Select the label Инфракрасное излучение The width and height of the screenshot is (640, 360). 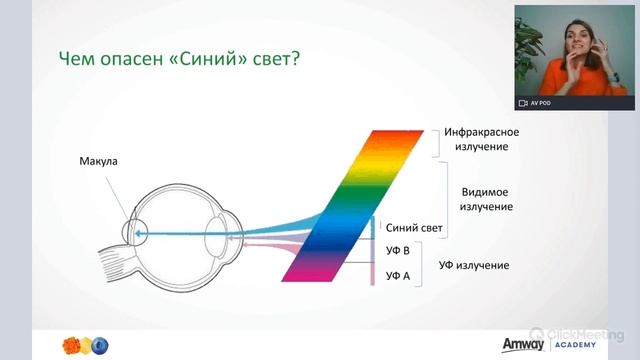point(477,139)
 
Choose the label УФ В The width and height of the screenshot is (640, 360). point(397,249)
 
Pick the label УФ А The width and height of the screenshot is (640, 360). point(397,274)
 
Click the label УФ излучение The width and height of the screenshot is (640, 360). point(474,265)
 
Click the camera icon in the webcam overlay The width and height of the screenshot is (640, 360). point(522,103)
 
